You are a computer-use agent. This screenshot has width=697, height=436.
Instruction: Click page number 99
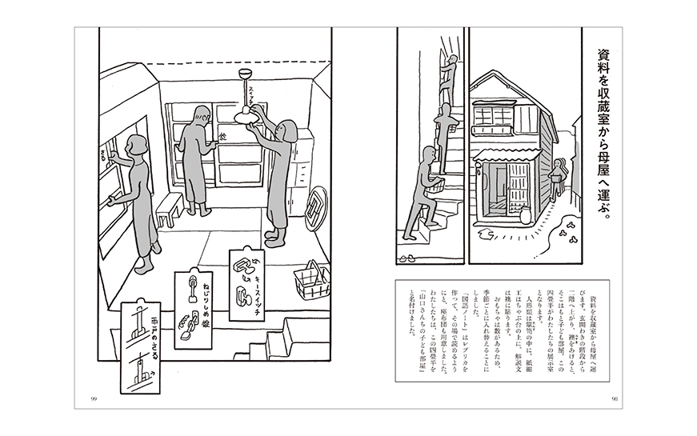pyautogui.click(x=94, y=398)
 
